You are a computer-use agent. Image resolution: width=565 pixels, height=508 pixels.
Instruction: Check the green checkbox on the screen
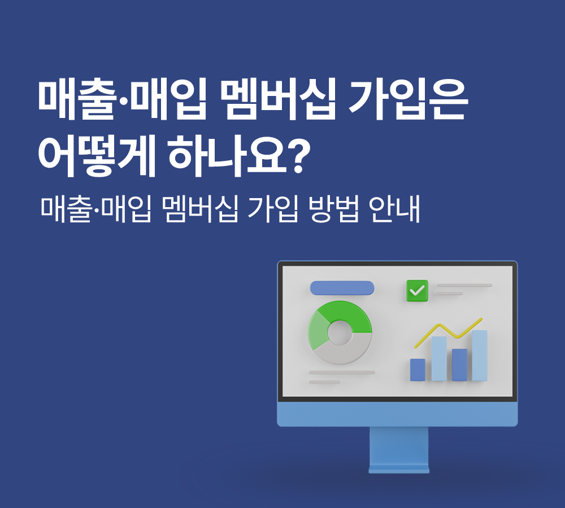click(x=418, y=291)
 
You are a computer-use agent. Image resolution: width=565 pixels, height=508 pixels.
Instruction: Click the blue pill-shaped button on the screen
click(x=342, y=288)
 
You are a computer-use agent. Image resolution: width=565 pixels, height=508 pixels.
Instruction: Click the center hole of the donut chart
click(x=340, y=332)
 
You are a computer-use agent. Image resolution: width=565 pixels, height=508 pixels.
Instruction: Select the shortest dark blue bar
click(x=418, y=369)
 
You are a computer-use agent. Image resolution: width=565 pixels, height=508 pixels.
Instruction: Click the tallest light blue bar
click(x=480, y=356)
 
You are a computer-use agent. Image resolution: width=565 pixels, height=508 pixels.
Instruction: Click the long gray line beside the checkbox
click(x=464, y=286)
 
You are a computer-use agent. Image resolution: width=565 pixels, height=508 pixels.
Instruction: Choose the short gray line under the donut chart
click(x=325, y=382)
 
